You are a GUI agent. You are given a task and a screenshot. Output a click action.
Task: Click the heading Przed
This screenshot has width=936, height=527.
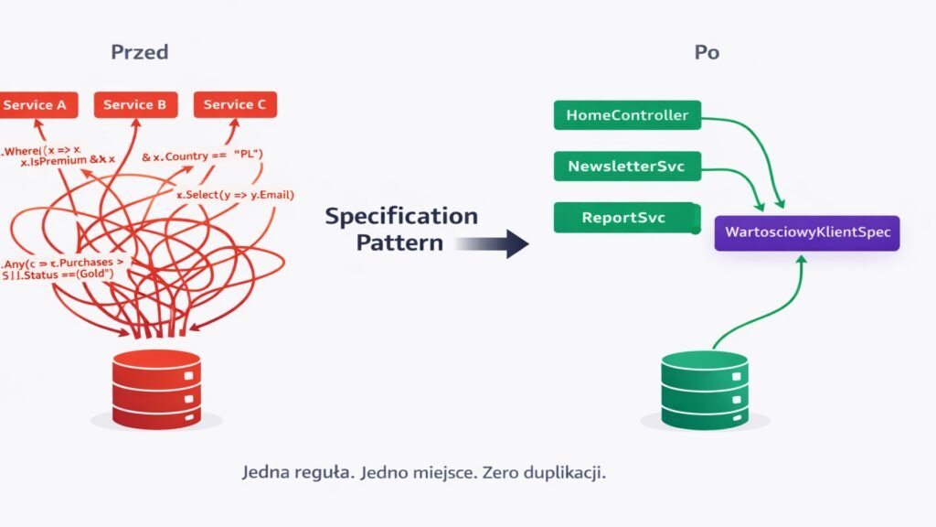click(x=139, y=52)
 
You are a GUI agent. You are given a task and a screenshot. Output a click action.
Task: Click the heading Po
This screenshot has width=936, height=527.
click(x=706, y=52)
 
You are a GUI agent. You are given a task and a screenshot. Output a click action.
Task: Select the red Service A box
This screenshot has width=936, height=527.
click(x=36, y=105)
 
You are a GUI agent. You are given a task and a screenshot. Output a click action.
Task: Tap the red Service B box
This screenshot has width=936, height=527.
click(x=135, y=105)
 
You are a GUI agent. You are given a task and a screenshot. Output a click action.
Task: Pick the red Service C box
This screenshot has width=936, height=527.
click(x=235, y=105)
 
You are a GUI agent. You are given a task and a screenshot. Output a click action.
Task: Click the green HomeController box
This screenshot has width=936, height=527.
click(x=627, y=115)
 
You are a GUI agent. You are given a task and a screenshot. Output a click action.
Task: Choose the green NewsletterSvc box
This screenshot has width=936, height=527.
click(x=627, y=167)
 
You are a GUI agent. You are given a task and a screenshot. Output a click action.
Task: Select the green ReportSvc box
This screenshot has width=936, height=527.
click(x=627, y=218)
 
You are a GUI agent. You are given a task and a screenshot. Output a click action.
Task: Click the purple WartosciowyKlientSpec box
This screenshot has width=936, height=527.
click(x=806, y=231)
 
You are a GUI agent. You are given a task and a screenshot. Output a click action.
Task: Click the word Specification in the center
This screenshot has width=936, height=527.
click(x=401, y=217)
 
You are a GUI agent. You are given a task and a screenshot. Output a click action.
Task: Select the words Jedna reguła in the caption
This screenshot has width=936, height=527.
click(x=296, y=474)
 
